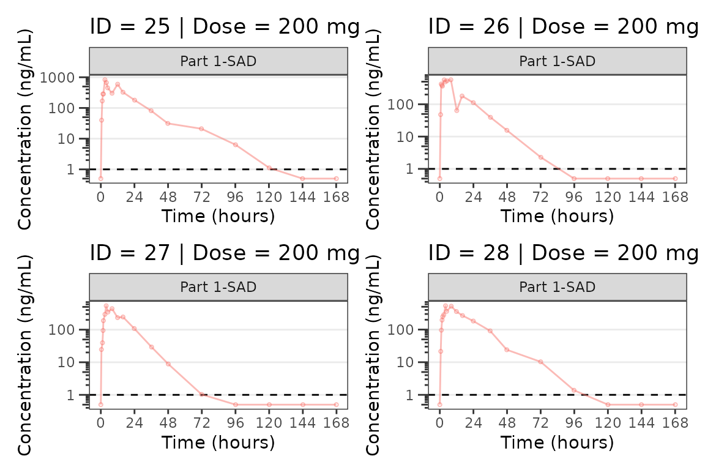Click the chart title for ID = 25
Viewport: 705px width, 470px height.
tap(225, 27)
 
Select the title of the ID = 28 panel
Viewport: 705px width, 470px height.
tap(563, 252)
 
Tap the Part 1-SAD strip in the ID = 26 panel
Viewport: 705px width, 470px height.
tap(558, 61)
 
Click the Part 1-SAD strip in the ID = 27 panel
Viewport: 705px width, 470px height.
tap(218, 287)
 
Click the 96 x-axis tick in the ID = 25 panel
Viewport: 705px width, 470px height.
tap(235, 197)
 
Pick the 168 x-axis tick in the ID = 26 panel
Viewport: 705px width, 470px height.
tap(675, 197)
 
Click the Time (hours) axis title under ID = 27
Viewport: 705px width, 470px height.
tap(218, 442)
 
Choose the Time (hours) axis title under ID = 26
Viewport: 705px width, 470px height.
tap(558, 216)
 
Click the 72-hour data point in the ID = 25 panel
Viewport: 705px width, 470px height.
tap(201, 129)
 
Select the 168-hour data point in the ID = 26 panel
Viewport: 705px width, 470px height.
tap(675, 179)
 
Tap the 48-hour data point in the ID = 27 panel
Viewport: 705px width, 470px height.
tap(168, 364)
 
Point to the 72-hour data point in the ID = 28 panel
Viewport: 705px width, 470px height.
tap(540, 362)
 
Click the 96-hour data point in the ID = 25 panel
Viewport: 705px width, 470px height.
tap(235, 144)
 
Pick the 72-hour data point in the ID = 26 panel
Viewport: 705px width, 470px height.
tap(540, 157)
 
